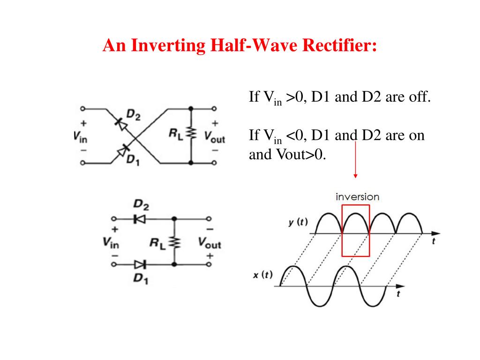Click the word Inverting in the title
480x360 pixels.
[168, 45]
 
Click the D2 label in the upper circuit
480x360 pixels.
[134, 115]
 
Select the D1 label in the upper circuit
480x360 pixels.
[133, 159]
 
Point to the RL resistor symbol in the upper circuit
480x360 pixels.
[192, 133]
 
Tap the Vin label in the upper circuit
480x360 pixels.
[80, 136]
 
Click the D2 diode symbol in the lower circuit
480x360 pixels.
[140, 219]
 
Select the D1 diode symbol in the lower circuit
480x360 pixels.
[140, 264]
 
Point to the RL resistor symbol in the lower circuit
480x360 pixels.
[175, 242]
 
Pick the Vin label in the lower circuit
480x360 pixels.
[111, 242]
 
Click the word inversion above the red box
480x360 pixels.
[358, 197]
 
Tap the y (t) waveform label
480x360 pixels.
[298, 222]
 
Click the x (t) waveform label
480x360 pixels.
[262, 275]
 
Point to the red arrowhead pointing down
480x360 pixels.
[355, 176]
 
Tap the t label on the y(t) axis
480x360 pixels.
[434, 241]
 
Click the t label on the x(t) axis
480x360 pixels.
[398, 294]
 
